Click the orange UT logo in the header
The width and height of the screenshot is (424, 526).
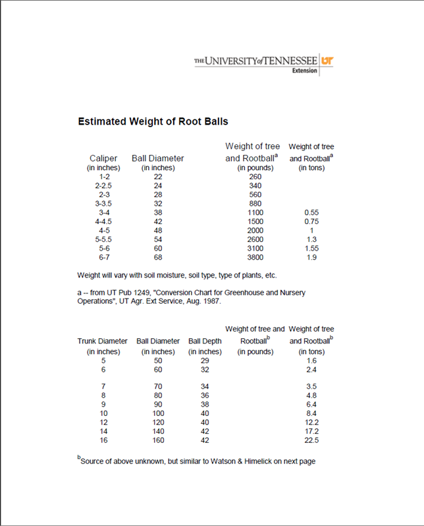[327, 61]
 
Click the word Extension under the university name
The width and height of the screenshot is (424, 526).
[304, 71]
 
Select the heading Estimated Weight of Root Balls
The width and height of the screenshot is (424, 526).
[153, 121]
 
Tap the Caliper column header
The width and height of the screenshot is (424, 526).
[103, 158]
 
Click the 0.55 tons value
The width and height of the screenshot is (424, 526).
[311, 213]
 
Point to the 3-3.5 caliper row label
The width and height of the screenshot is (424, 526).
[103, 204]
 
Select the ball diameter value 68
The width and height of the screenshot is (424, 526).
[158, 257]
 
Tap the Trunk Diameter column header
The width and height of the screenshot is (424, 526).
[103, 341]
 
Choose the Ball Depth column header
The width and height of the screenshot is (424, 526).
[205, 341]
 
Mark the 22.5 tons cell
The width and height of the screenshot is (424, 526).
[311, 440]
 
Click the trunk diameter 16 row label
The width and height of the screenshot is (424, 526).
[103, 440]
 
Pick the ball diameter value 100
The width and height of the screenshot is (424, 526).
[158, 413]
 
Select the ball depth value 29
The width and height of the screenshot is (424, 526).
[205, 361]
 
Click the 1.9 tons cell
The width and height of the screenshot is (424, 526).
[311, 257]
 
